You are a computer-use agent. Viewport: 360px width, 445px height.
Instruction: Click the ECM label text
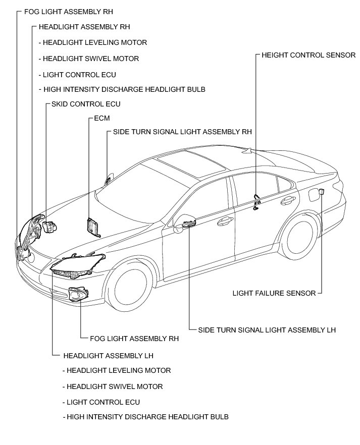pyautogui.click(x=101, y=118)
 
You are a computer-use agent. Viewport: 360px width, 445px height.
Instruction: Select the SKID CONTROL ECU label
pyautogui.click(x=86, y=104)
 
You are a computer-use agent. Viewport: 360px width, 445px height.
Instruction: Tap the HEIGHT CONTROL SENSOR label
pyautogui.click(x=308, y=55)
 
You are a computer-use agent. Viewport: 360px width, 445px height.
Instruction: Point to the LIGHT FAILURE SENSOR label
pyautogui.click(x=274, y=293)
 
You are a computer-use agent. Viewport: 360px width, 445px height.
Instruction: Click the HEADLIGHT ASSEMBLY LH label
pyautogui.click(x=108, y=355)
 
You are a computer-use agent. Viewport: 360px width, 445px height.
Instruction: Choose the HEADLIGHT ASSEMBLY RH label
pyautogui.click(x=84, y=27)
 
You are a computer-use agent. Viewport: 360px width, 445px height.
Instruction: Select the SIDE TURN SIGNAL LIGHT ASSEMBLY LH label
pyautogui.click(x=267, y=330)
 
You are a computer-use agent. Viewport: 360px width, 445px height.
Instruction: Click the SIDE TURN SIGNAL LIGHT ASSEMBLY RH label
pyautogui.click(x=182, y=132)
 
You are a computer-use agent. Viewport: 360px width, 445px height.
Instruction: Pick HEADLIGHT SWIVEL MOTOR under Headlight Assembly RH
pyautogui.click(x=91, y=59)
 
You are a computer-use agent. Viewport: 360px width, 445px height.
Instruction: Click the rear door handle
pyautogui.click(x=286, y=200)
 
